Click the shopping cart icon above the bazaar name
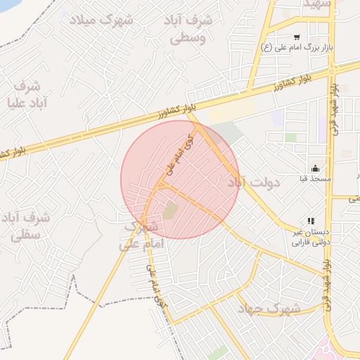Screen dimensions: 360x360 (x=297, y=36)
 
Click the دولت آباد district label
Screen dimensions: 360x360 (x=253, y=182)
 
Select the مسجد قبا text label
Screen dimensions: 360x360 (x=314, y=179)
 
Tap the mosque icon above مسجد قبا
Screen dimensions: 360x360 (x=315, y=167)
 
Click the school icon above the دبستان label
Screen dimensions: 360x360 (x=311, y=221)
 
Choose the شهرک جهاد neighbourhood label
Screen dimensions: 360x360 (x=269, y=309)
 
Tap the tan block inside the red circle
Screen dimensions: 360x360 (x=171, y=210)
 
